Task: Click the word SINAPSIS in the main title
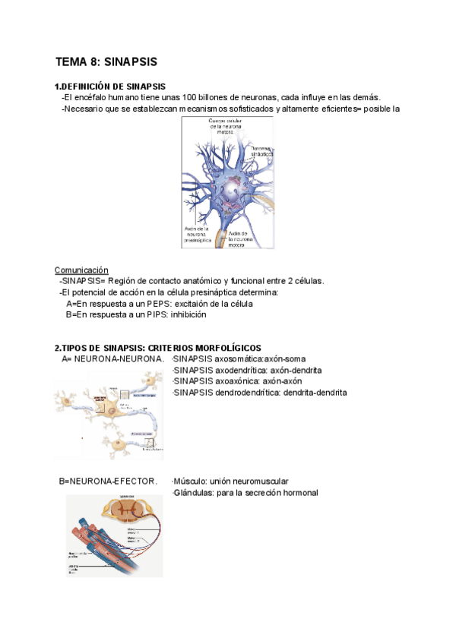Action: [131, 62]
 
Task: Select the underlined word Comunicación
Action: [81, 270]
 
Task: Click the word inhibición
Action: [188, 314]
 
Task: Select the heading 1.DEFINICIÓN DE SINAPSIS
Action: [110, 87]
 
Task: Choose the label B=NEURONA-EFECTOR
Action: [108, 481]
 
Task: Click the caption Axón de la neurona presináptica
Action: [196, 235]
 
